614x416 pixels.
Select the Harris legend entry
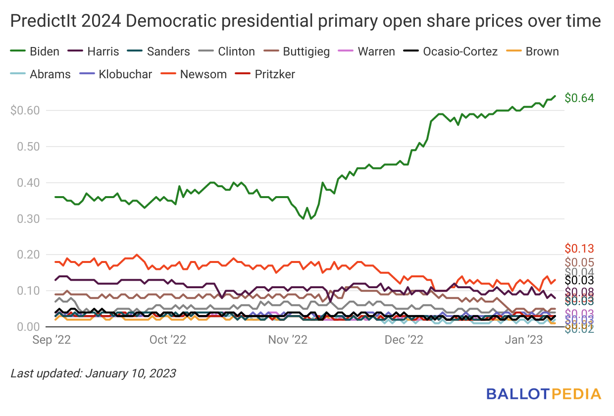(95, 52)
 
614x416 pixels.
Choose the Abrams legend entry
(42, 74)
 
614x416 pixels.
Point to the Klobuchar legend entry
(117, 74)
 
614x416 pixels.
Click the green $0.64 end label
(579, 98)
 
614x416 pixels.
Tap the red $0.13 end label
(579, 249)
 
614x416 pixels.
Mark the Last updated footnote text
(93, 373)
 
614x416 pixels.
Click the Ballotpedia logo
(544, 394)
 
